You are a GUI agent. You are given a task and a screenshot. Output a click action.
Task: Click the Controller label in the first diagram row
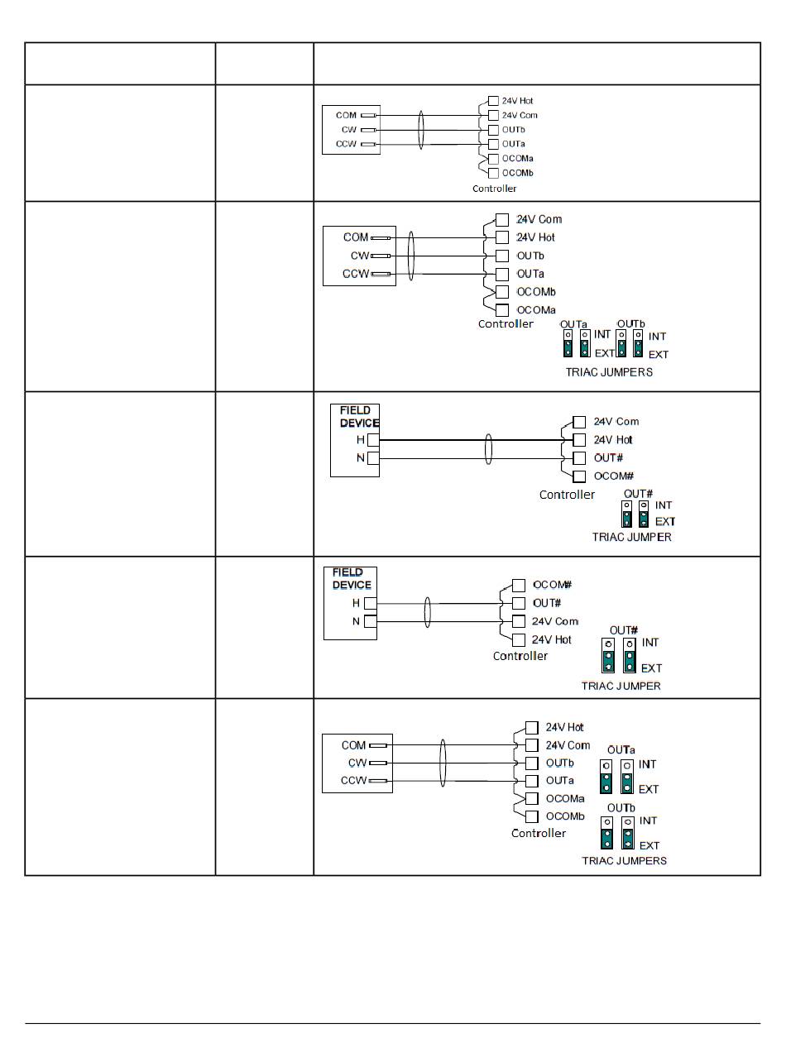click(494, 189)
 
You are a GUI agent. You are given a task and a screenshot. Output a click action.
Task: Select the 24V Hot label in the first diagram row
click(517, 101)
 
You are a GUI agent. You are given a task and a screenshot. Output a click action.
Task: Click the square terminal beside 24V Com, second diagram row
click(502, 219)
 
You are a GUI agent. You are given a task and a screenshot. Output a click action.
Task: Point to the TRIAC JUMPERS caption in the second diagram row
click(609, 372)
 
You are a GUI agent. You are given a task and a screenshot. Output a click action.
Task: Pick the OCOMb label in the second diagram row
click(536, 292)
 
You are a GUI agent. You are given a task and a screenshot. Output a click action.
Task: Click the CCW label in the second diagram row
click(356, 274)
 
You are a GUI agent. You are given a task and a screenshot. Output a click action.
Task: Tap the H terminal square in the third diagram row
click(372, 440)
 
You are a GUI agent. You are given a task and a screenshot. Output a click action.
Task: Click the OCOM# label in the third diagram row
click(614, 476)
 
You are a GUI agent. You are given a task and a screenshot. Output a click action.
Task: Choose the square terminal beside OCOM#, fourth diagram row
click(519, 585)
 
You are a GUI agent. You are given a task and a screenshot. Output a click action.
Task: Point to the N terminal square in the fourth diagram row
click(371, 621)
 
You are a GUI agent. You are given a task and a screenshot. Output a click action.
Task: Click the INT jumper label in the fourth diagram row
click(650, 643)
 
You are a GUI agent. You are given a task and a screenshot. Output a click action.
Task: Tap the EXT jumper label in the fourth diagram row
click(652, 668)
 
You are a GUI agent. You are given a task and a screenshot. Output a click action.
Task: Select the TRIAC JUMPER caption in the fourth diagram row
click(621, 686)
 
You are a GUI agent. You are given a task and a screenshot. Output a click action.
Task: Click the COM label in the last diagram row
click(353, 745)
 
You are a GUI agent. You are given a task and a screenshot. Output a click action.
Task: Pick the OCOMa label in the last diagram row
click(565, 799)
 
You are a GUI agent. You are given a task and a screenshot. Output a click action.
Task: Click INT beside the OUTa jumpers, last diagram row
click(648, 765)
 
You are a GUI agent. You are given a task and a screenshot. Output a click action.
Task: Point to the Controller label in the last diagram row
click(539, 833)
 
